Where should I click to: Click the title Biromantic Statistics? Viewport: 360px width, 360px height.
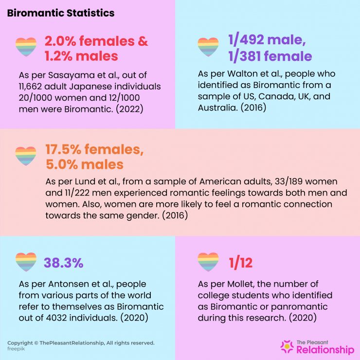[61, 13]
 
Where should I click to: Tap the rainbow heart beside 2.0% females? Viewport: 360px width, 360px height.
[26, 47]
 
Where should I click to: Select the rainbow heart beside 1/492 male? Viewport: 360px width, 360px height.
[208, 47]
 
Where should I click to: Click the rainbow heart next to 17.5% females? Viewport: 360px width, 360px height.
[26, 156]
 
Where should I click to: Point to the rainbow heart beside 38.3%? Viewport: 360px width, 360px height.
[26, 262]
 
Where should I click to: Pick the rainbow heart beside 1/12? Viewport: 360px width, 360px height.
[208, 262]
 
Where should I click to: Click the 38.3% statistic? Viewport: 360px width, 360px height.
[64, 263]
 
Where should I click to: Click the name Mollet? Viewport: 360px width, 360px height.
[243, 284]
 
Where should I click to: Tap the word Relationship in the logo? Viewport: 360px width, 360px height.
[325, 350]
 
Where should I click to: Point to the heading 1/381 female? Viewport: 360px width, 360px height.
[270, 56]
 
